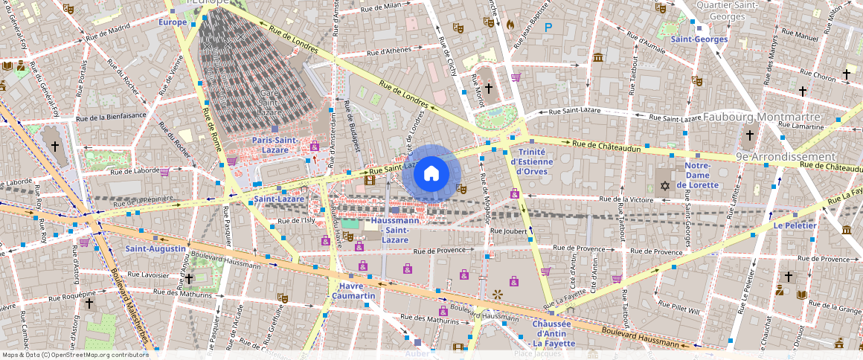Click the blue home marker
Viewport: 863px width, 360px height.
431,174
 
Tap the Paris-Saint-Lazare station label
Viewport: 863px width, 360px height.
275,145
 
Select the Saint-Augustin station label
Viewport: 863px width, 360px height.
155,248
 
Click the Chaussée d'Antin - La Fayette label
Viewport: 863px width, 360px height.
551,333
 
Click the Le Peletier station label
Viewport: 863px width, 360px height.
795,225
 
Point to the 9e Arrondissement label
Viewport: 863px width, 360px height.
786,157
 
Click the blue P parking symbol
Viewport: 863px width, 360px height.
548,28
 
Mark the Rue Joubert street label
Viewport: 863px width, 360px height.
508,231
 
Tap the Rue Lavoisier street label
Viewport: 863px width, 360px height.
149,274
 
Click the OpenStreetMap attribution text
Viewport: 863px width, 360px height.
74,355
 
